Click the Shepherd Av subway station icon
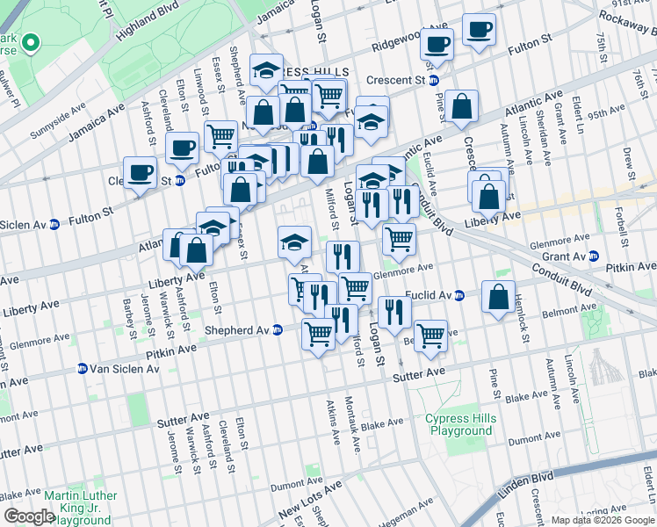click(x=278, y=330)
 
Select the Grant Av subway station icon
click(x=595, y=256)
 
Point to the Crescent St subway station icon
click(x=446, y=80)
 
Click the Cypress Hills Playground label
click(x=459, y=425)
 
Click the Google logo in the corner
click(x=29, y=516)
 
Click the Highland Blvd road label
click(x=156, y=19)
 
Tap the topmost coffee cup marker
click(x=479, y=30)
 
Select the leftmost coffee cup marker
click(x=140, y=172)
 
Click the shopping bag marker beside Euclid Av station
click(x=498, y=298)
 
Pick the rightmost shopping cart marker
click(x=430, y=335)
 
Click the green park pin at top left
click(x=29, y=41)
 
